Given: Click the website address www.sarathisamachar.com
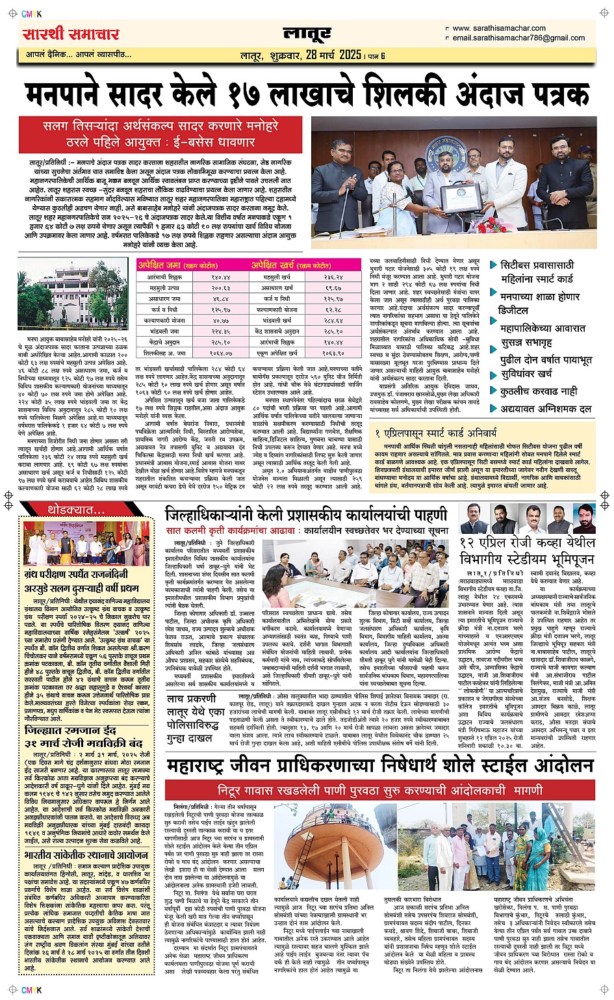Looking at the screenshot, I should tap(498, 28).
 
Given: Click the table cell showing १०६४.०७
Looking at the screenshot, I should tap(220, 352).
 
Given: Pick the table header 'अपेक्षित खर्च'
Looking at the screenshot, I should tap(273, 265).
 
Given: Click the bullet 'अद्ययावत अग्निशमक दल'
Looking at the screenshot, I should tap(546, 408).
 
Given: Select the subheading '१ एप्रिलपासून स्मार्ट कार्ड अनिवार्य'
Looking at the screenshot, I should tap(436, 432).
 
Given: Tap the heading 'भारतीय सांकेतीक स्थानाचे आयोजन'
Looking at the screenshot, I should tap(86, 856).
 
